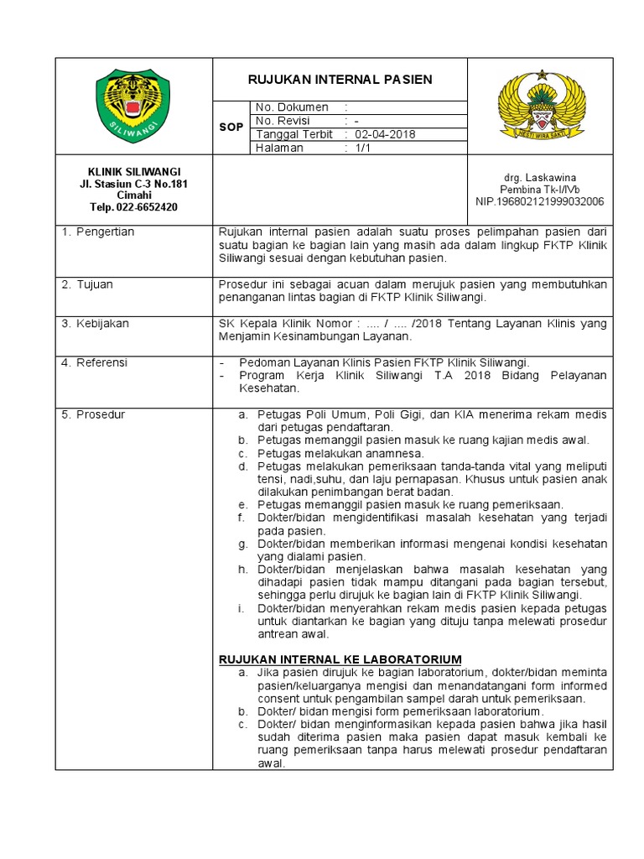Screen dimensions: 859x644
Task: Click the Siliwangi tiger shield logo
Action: tap(133, 106)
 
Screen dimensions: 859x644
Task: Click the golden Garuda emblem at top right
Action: tap(540, 105)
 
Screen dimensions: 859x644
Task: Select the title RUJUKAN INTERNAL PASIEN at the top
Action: tap(340, 80)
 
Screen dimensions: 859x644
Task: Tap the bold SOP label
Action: tap(231, 128)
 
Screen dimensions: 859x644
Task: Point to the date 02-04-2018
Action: tap(385, 134)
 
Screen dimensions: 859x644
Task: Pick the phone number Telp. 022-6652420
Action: tap(133, 207)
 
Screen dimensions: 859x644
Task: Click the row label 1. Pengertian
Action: tap(98, 232)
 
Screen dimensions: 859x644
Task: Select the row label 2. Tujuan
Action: tap(88, 284)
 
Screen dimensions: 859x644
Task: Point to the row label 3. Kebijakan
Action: tap(95, 323)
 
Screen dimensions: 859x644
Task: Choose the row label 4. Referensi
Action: tap(94, 362)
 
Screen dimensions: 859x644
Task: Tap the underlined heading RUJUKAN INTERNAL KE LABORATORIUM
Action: tap(340, 659)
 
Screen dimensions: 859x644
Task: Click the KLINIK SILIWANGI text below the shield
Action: tap(133, 172)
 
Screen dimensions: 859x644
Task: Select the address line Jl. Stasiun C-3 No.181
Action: tap(133, 184)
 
